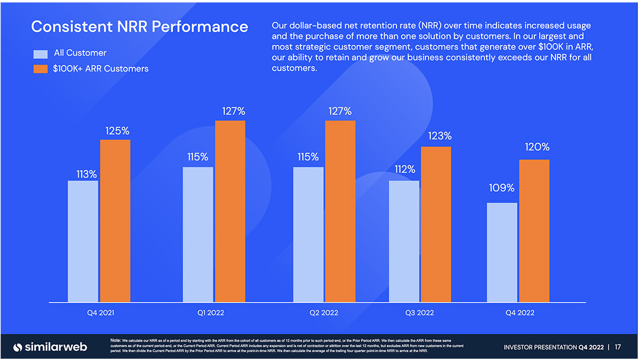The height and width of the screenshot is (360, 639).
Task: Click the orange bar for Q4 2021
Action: click(x=115, y=221)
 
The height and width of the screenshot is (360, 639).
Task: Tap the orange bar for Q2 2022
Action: click(x=340, y=211)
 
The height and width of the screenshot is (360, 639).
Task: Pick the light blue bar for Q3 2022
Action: click(x=404, y=242)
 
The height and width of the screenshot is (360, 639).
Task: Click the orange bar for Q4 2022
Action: click(x=534, y=231)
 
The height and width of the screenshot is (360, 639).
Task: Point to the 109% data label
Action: click(x=502, y=188)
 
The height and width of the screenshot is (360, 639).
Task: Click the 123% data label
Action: click(x=440, y=136)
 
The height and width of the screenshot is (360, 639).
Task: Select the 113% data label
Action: click(x=86, y=174)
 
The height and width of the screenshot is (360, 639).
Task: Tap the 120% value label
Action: click(x=537, y=147)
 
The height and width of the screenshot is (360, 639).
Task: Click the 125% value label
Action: click(x=117, y=130)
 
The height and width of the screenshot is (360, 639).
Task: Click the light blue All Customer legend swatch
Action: click(x=40, y=54)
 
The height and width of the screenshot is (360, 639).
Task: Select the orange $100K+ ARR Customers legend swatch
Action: click(x=40, y=69)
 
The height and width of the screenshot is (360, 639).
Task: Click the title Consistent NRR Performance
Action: click(x=140, y=27)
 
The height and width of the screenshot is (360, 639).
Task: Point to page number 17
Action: click(x=618, y=347)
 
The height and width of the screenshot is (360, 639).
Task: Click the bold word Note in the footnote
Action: click(x=116, y=340)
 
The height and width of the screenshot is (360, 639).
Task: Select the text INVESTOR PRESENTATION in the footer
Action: click(x=540, y=347)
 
